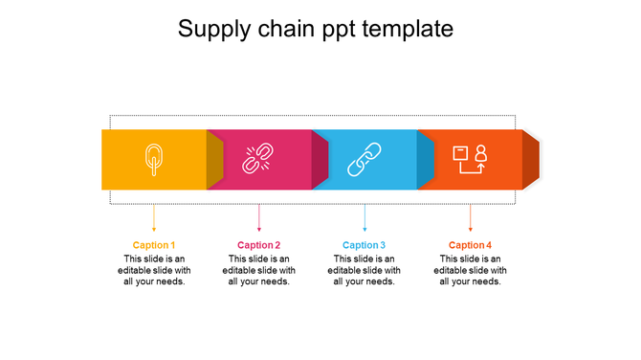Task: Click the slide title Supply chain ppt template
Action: click(316, 30)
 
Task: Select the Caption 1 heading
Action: click(154, 245)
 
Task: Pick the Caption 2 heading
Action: click(259, 245)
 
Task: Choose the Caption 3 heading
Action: click(365, 245)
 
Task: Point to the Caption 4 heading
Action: click(470, 245)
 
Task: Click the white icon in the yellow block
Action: click(153, 159)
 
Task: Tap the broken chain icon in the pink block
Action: click(258, 159)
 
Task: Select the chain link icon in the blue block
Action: click(364, 159)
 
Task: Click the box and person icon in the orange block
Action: click(470, 159)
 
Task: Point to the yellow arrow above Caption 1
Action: click(154, 217)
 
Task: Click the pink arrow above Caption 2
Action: click(259, 217)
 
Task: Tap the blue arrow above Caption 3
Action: click(365, 217)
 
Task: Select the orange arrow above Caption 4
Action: click(470, 217)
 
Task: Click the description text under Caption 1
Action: click(154, 270)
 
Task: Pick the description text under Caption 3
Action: click(365, 270)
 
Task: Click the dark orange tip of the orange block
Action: click(531, 159)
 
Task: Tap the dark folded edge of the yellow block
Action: click(214, 159)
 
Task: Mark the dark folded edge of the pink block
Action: click(320, 159)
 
